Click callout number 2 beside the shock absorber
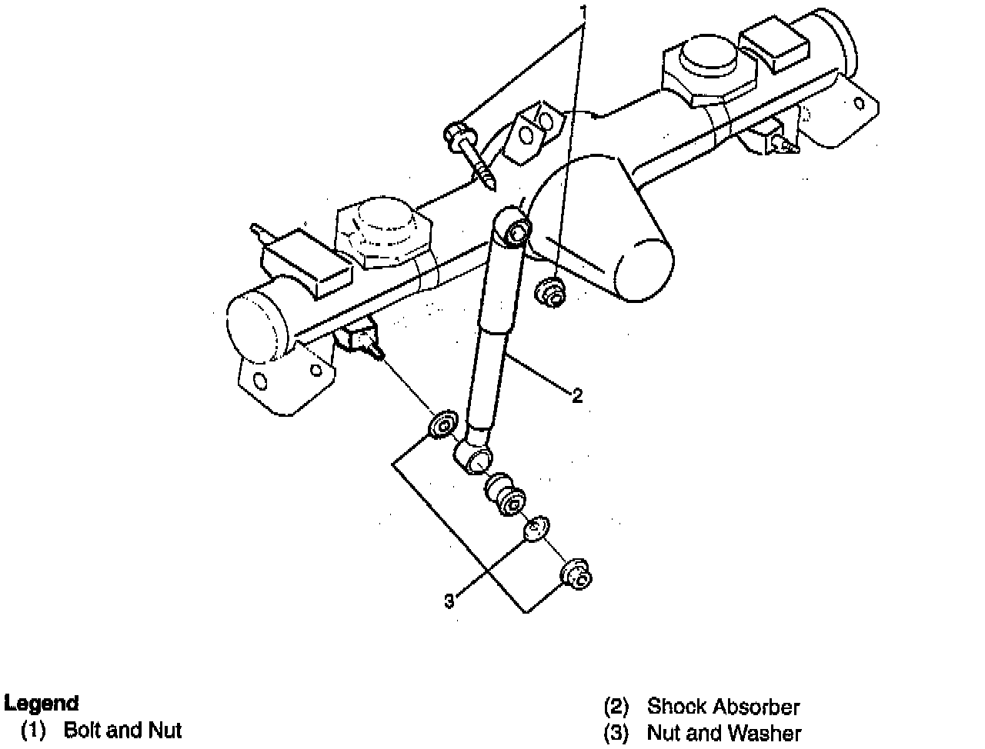[x=577, y=396]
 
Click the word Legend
[x=42, y=703]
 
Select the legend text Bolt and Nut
[x=122, y=729]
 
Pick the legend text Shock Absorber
[x=723, y=706]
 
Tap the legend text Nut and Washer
[x=723, y=734]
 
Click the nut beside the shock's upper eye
[x=549, y=293]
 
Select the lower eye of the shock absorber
[x=474, y=458]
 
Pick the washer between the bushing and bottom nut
[x=536, y=529]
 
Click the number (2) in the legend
[x=616, y=706]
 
